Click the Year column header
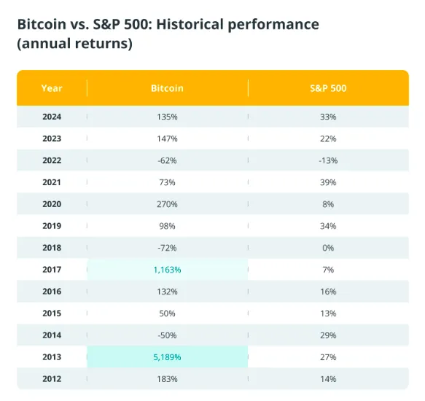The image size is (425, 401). click(x=52, y=88)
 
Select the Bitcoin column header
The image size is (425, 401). click(x=167, y=88)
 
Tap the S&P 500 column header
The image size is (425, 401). click(x=328, y=88)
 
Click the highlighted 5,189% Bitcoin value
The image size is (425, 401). click(x=167, y=357)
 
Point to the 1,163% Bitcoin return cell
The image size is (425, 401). click(x=167, y=270)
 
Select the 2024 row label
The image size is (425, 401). click(x=52, y=117)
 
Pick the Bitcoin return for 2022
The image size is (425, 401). click(x=167, y=160)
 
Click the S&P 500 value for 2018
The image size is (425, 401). click(x=328, y=248)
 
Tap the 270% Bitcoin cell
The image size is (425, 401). click(x=167, y=204)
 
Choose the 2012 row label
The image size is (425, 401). click(x=52, y=379)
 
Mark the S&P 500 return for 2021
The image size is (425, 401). click(x=328, y=182)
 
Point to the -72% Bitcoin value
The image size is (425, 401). click(x=167, y=248)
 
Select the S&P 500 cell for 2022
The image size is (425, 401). click(x=328, y=160)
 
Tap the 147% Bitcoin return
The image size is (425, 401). click(x=167, y=139)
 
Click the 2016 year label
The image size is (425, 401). click(x=52, y=292)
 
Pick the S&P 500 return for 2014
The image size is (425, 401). click(x=328, y=335)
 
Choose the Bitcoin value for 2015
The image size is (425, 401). click(x=167, y=314)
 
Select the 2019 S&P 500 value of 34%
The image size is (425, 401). click(x=328, y=226)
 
